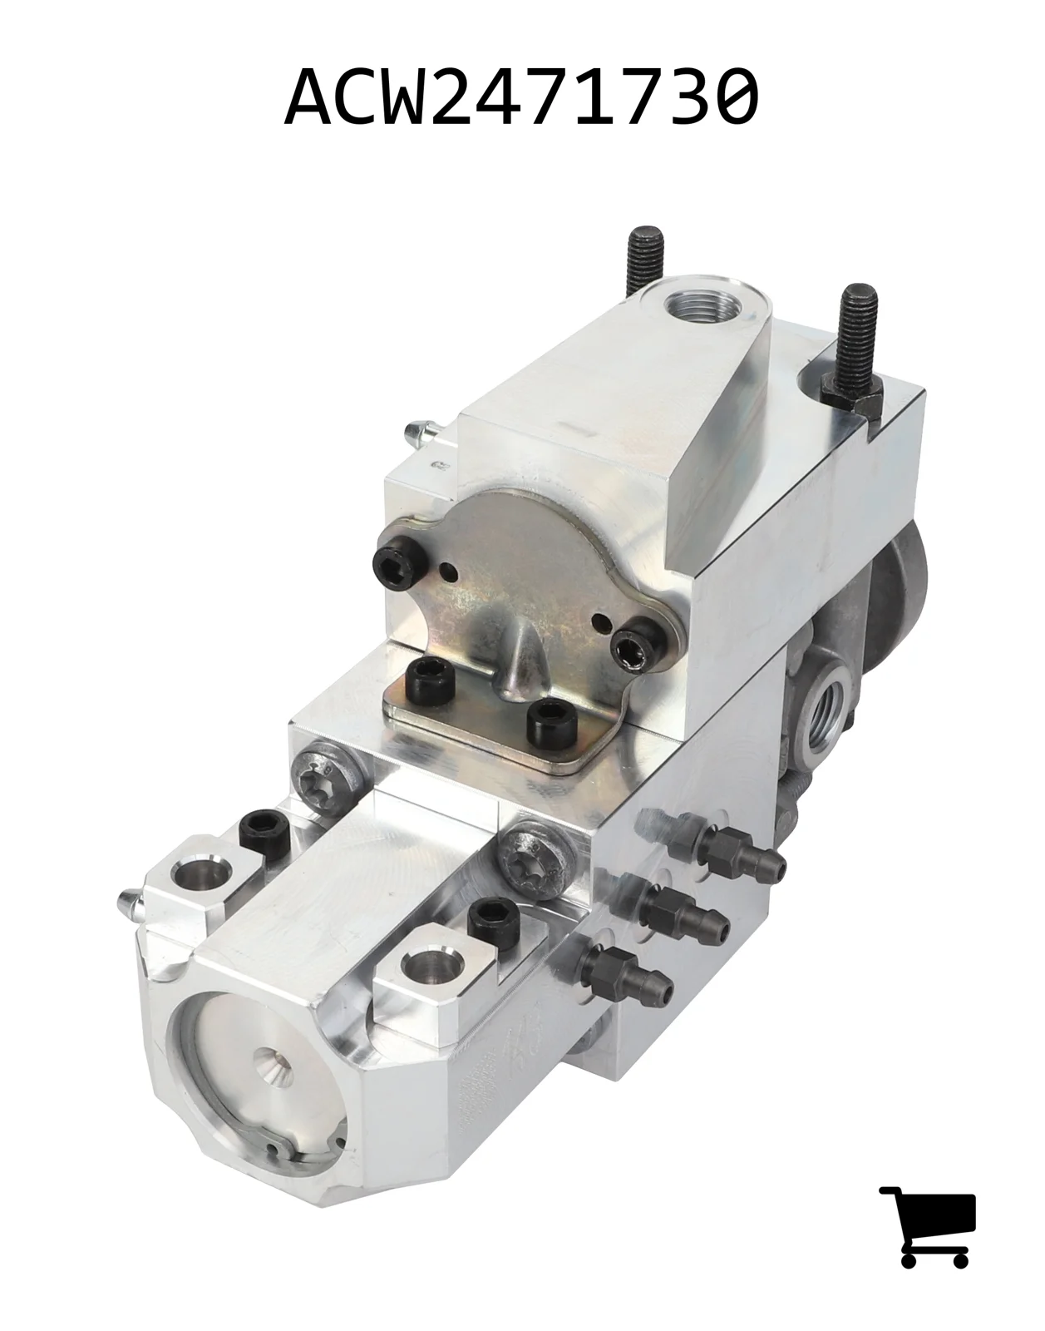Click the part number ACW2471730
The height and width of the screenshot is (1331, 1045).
[522, 97]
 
